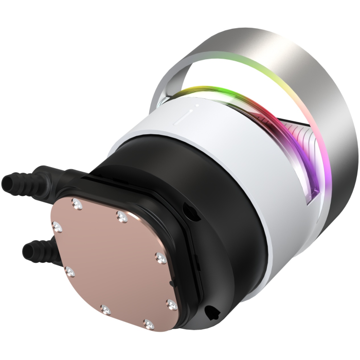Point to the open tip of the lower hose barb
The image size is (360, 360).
tap(26, 252)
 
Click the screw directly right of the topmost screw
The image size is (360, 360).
tap(121, 217)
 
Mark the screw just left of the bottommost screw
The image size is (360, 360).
tap(105, 309)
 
